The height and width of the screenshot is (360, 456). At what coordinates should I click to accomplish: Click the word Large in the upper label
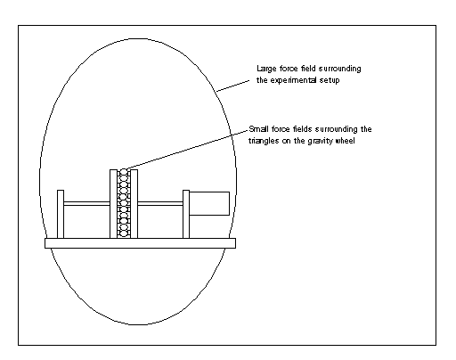(266, 69)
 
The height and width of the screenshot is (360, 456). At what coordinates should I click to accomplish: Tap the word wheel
(345, 141)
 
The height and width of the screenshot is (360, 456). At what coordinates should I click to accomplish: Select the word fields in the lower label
(303, 129)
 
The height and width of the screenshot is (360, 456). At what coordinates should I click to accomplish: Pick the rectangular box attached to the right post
(209, 203)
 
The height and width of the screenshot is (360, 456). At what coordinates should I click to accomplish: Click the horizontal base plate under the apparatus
(140, 243)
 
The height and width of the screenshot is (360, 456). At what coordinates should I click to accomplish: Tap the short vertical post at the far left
(61, 214)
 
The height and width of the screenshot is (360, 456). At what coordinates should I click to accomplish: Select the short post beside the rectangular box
(186, 214)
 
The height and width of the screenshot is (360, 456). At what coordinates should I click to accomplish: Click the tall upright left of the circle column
(113, 204)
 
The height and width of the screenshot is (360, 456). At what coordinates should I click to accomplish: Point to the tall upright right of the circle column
(134, 204)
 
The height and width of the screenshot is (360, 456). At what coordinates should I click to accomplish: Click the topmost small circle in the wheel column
(124, 172)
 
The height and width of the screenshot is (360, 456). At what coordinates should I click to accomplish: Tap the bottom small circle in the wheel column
(124, 234)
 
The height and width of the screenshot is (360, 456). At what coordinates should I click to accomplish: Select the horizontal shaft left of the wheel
(86, 203)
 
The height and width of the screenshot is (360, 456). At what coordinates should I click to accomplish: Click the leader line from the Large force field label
(233, 86)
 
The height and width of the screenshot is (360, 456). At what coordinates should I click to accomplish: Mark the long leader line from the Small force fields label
(187, 150)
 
